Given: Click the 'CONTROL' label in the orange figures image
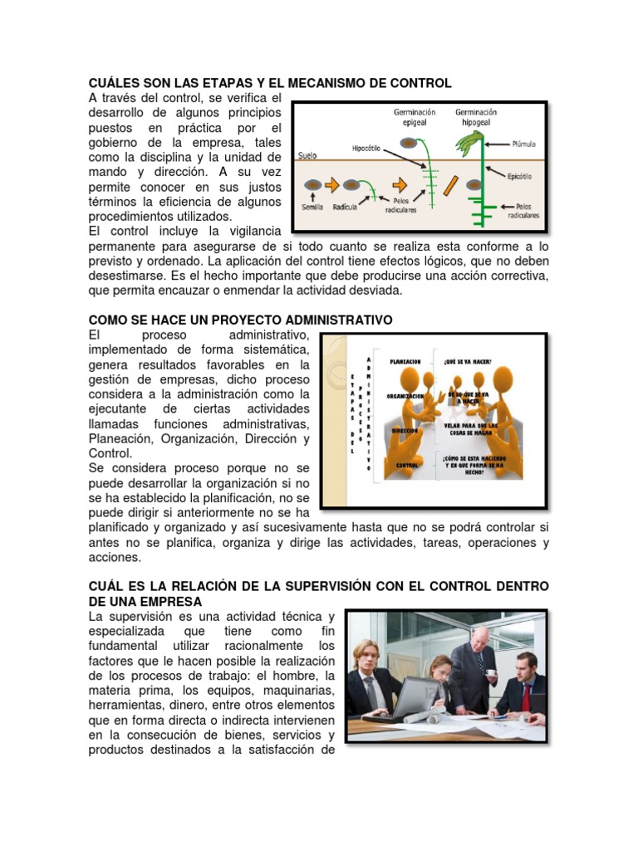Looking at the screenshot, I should [x=406, y=467].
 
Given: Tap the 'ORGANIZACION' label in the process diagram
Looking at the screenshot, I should [x=406, y=397].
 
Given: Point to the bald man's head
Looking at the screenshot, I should [x=479, y=637].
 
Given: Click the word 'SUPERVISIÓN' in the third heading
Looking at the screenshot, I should [x=324, y=586].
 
